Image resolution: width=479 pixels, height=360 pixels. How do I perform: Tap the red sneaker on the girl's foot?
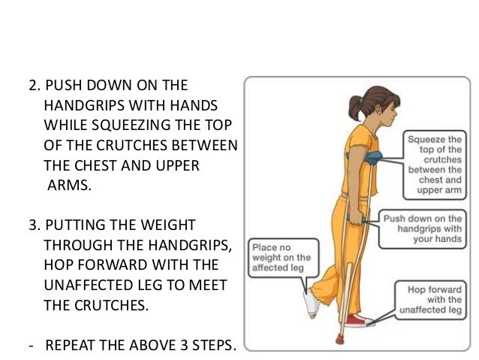[x=358, y=321]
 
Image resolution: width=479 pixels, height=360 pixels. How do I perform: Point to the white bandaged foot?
[x=312, y=302]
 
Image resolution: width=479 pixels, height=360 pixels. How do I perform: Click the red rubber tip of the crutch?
[x=339, y=339]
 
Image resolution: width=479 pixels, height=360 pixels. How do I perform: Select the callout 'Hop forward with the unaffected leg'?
[x=431, y=300]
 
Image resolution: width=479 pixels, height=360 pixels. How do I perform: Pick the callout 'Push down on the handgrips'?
[x=423, y=228]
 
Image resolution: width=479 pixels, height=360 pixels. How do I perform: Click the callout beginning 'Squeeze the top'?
[x=435, y=165]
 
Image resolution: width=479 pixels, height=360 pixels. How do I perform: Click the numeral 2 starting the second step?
[x=33, y=86]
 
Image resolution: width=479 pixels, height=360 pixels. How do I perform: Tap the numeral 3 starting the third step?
[x=33, y=225]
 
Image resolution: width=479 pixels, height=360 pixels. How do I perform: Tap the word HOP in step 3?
[x=59, y=265]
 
